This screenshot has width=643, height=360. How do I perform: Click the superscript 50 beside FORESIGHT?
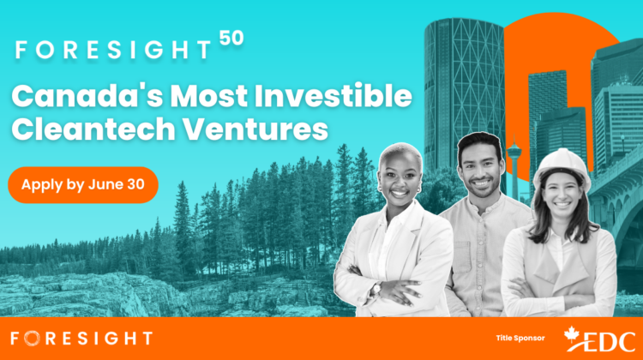pyautogui.click(x=231, y=38)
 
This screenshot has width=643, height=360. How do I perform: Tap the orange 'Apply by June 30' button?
pyautogui.click(x=83, y=185)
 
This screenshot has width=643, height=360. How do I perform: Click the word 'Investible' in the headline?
pyautogui.click(x=333, y=95)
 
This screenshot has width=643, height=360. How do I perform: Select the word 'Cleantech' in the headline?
pyautogui.click(x=93, y=129)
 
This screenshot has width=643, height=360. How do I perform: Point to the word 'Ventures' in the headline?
pyautogui.click(x=255, y=129)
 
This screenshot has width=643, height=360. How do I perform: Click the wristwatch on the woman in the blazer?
pyautogui.click(x=376, y=289)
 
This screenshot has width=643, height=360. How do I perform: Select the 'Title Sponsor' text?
pyautogui.click(x=520, y=339)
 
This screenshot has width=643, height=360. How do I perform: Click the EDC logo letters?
pyautogui.click(x=610, y=342)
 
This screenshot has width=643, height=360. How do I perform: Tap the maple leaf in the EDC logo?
pyautogui.click(x=572, y=334)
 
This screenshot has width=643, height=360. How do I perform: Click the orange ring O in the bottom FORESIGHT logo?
pyautogui.click(x=31, y=339)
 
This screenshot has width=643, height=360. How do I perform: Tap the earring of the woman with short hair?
pyautogui.click(x=418, y=190)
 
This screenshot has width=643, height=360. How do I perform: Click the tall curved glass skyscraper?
pyautogui.click(x=464, y=90)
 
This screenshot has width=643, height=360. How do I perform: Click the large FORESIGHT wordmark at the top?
pyautogui.click(x=113, y=50)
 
